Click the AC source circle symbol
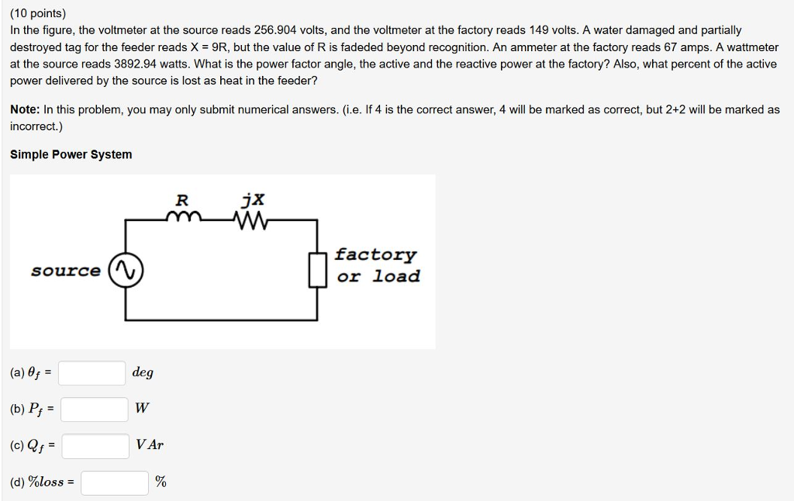coord(126,271)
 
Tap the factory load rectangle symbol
coord(316,269)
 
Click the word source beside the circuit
coord(66,271)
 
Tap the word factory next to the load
coord(376,254)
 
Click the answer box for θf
coord(92,373)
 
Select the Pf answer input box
coord(94,409)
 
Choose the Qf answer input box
coord(95,445)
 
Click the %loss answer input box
coord(115,482)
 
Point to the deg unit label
coord(143,372)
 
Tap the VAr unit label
coord(150,445)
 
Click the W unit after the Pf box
coord(141,409)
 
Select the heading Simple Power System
coord(71,154)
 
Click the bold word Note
coord(24,110)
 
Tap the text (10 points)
coord(38,13)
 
